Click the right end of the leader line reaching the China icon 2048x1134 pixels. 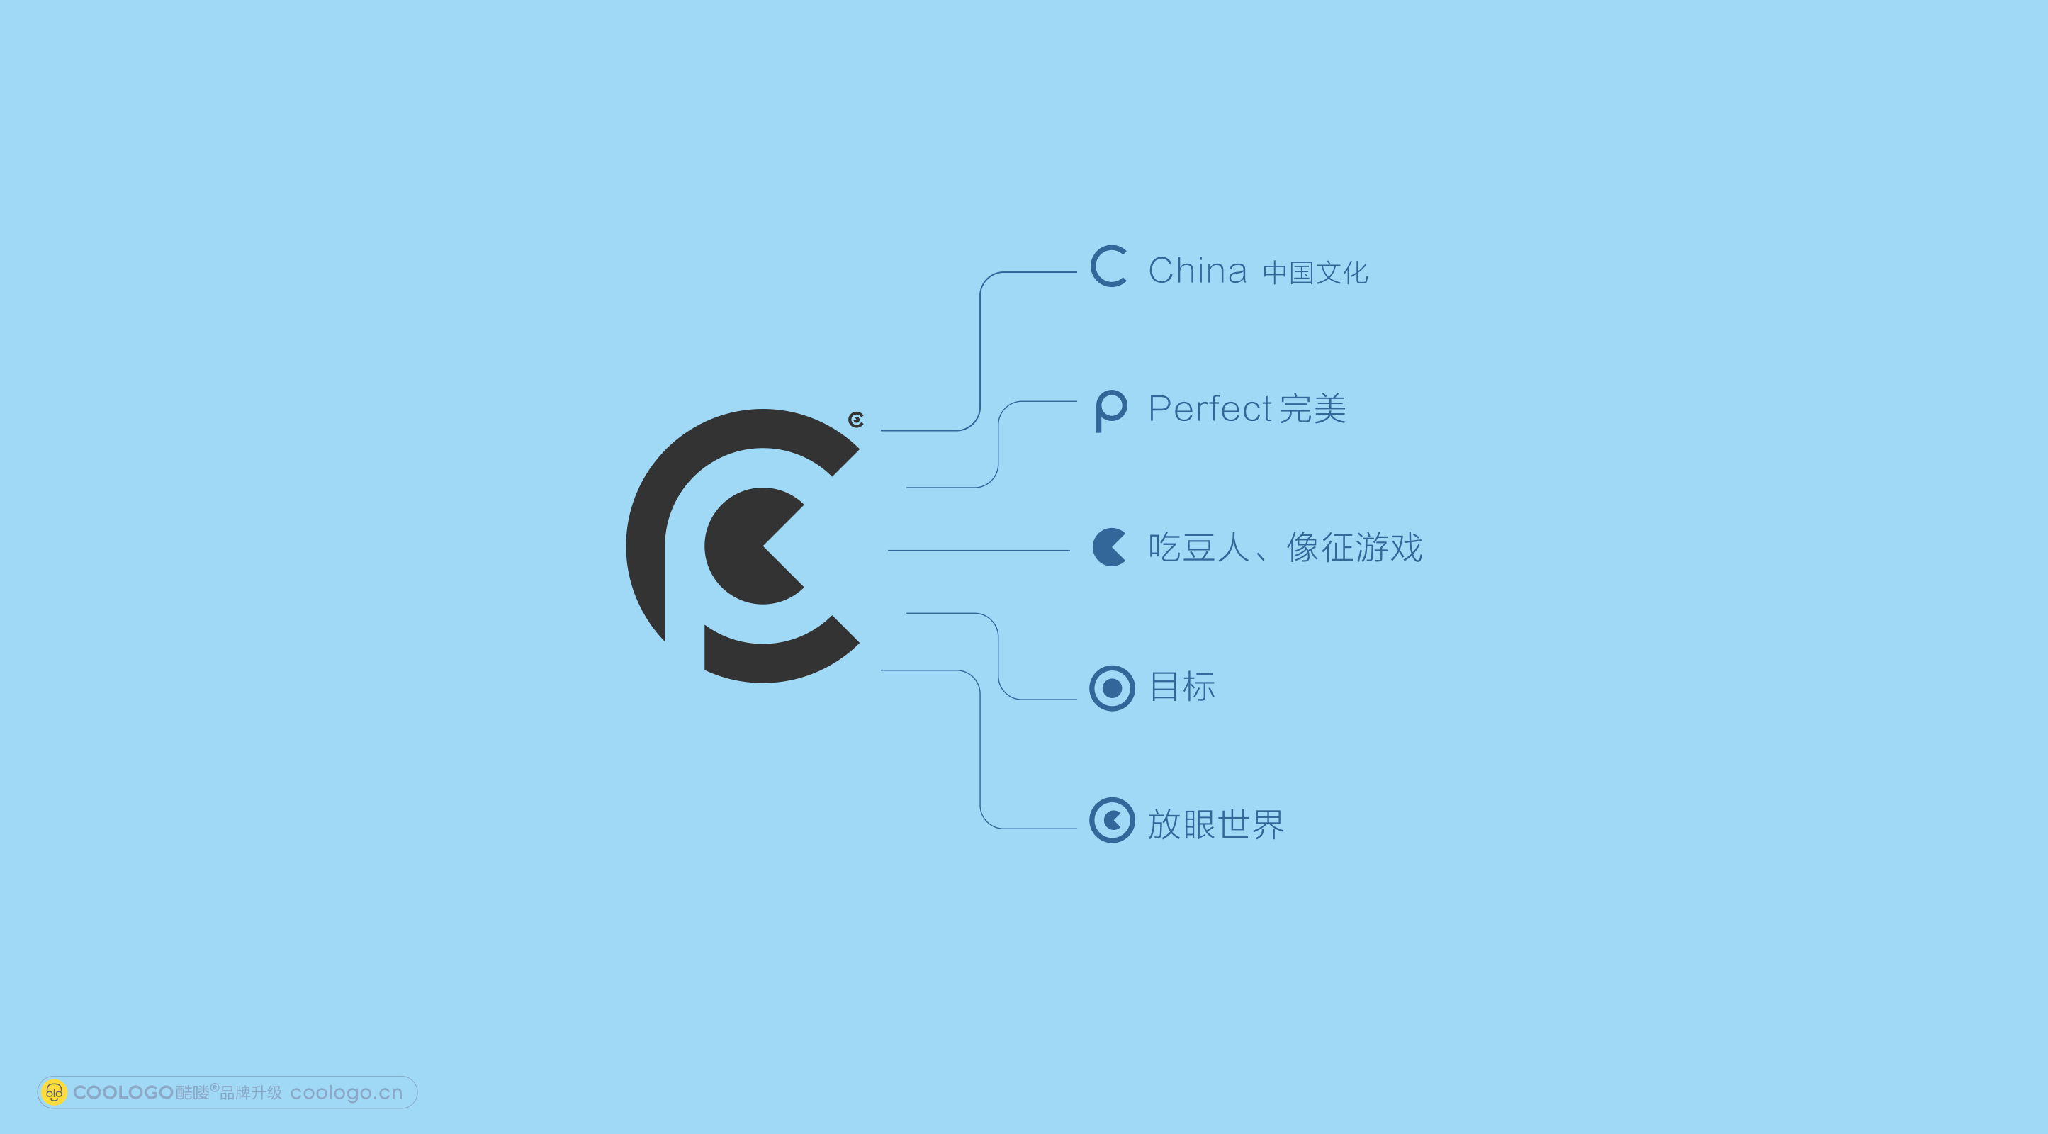tap(1076, 272)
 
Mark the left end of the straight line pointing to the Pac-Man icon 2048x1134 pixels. tap(888, 550)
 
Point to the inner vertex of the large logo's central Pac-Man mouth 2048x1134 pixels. tap(763, 546)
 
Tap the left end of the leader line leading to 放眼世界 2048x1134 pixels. tap(881, 670)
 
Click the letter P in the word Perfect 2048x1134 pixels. tap(1161, 409)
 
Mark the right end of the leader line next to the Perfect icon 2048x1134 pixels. tap(1076, 402)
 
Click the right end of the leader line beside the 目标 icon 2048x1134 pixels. tap(1076, 700)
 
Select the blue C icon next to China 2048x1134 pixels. tap(1109, 266)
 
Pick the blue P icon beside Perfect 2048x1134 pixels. tap(1111, 411)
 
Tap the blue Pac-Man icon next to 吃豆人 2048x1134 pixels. tap(1110, 547)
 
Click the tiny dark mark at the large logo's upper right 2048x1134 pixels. tap(856, 419)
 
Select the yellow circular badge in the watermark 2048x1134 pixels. tap(53, 1093)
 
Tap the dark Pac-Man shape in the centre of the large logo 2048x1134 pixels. tap(755, 546)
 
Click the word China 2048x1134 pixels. tap(1198, 270)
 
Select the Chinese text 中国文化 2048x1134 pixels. tap(1315, 273)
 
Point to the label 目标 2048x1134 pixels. tap(1183, 686)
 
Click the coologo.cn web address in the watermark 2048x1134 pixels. tap(347, 1093)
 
